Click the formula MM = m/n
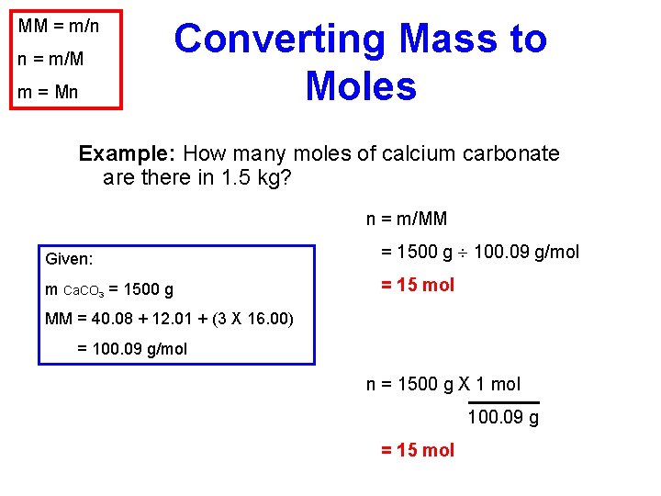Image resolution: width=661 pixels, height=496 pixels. [x=59, y=26]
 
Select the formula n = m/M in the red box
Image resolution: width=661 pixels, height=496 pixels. [x=50, y=59]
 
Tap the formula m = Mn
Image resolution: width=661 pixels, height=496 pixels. [x=49, y=92]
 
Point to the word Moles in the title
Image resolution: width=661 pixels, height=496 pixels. [x=361, y=86]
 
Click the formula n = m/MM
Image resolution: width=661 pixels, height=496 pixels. [x=407, y=219]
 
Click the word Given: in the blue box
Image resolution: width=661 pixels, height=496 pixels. [x=70, y=260]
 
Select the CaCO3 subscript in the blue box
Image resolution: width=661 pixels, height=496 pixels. [x=84, y=291]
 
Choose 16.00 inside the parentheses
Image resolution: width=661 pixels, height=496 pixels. [x=268, y=320]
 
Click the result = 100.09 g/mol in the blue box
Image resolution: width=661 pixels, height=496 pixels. [x=133, y=349]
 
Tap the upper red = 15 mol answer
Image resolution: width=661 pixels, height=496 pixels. [x=418, y=285]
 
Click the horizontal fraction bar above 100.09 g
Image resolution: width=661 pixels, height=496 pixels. [x=503, y=402]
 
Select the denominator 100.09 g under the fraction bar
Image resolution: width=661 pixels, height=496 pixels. [x=503, y=418]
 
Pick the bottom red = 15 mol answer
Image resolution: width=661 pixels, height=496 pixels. [x=418, y=450]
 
